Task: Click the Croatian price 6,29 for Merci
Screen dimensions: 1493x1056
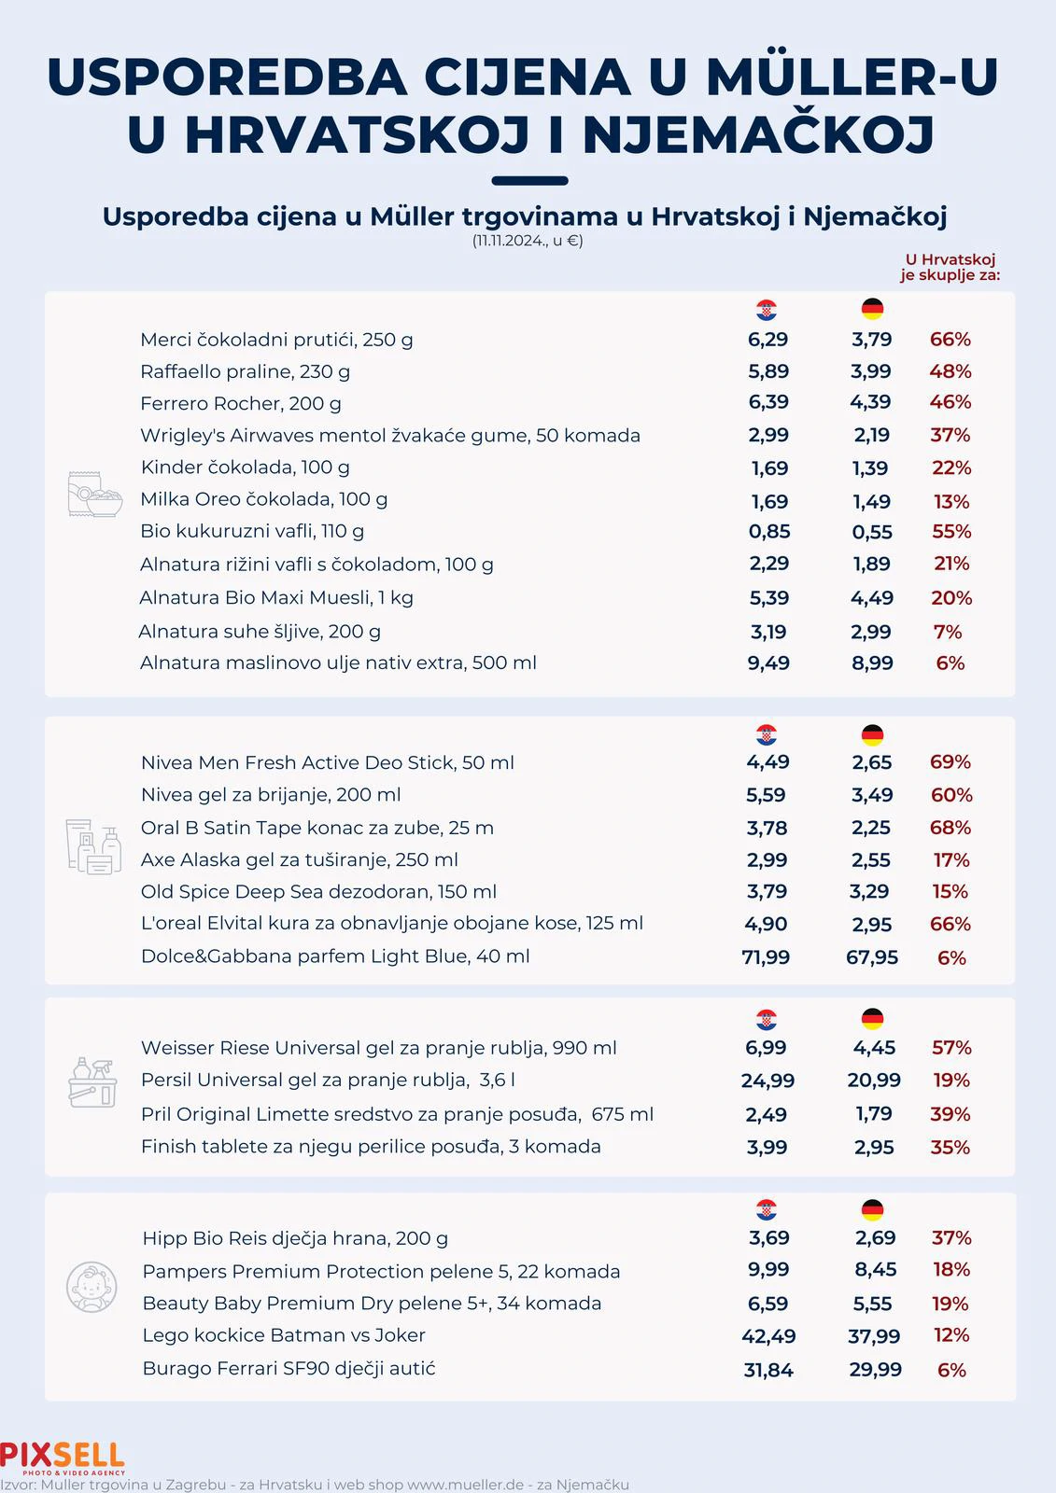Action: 767,340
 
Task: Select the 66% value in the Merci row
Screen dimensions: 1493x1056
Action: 950,340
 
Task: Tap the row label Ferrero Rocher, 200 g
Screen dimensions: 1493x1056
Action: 241,404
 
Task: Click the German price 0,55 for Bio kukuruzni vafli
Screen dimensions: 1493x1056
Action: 871,532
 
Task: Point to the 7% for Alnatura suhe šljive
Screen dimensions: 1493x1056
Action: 947,632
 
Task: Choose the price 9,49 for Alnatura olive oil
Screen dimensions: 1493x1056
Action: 768,663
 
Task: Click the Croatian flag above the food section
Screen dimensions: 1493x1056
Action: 767,310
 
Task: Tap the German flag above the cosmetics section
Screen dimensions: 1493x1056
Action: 872,735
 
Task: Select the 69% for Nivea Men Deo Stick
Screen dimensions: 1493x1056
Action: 950,762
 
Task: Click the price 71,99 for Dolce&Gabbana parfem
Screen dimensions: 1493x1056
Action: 766,957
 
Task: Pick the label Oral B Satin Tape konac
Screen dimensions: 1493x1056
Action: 317,828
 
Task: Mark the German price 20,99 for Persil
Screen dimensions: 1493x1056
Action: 874,1081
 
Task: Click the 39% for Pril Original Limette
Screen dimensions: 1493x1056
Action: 950,1114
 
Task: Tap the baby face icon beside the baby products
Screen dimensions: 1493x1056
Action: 92,1288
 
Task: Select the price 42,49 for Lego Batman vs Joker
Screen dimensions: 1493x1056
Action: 768,1336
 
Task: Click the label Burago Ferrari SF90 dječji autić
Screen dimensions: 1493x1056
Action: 289,1369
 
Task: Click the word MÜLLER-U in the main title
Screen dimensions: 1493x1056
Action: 852,77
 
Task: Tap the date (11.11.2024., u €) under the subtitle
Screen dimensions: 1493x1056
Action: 528,241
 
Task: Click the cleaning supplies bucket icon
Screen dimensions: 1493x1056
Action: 92,1082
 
